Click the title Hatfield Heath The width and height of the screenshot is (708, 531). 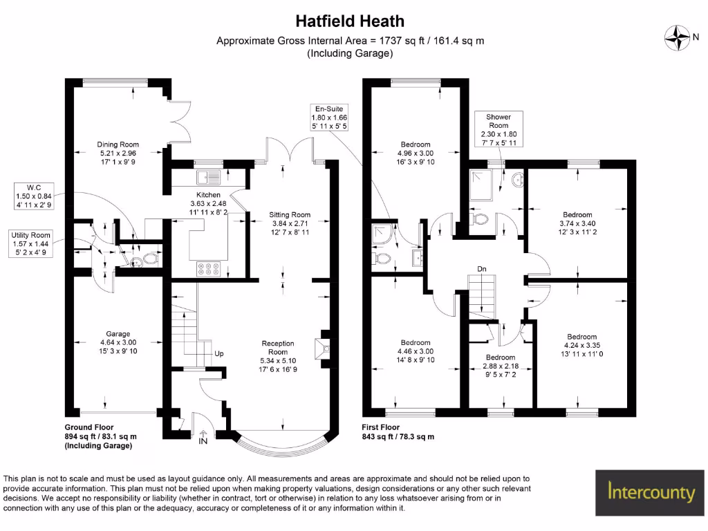coord(350,21)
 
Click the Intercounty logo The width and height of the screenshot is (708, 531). coord(650,492)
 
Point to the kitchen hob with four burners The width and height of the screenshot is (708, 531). coord(208,268)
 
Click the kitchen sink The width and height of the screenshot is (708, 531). coord(207,177)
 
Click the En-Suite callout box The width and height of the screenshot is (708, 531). coord(329,118)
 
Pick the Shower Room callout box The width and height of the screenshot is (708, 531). coord(498,129)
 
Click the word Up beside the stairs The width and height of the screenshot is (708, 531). coord(218,353)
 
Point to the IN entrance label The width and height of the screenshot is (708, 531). coord(203,440)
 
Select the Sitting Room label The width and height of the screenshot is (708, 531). coord(290,215)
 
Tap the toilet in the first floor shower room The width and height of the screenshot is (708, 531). coord(481,219)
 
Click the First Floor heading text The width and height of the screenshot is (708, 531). coord(380,427)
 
